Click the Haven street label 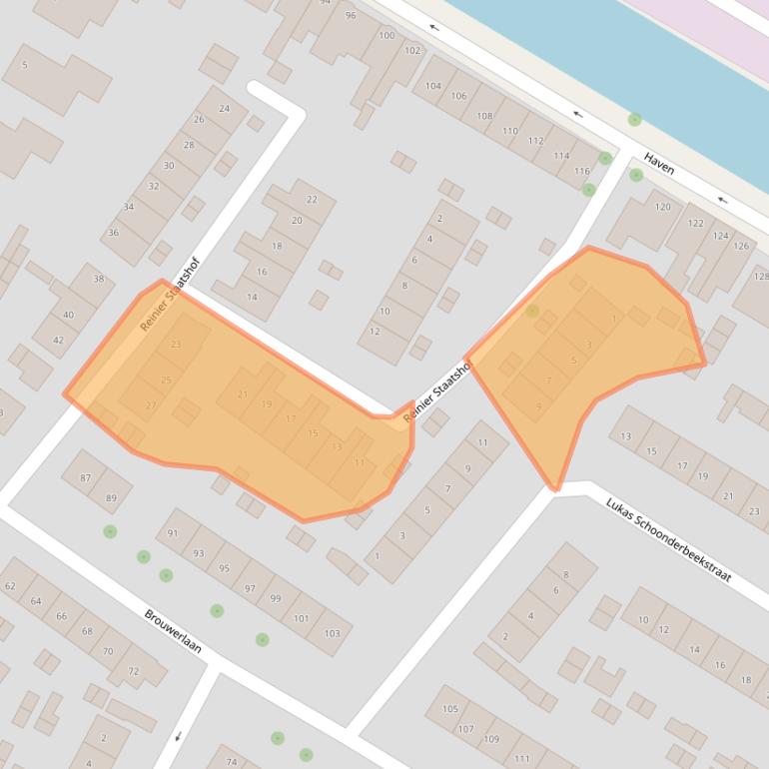(x=659, y=164)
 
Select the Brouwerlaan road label (x=173, y=631)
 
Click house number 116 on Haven (x=583, y=172)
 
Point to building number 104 (x=433, y=87)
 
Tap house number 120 (x=663, y=207)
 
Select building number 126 (x=741, y=246)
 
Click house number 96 (x=351, y=16)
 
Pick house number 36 (x=114, y=233)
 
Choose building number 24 (x=224, y=109)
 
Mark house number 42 (x=58, y=341)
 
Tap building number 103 (x=332, y=634)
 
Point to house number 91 (x=173, y=533)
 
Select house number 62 (x=10, y=586)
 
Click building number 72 (x=134, y=672)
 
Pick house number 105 (x=450, y=709)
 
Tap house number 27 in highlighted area (x=151, y=405)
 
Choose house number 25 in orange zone (x=166, y=380)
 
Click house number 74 (x=231, y=762)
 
